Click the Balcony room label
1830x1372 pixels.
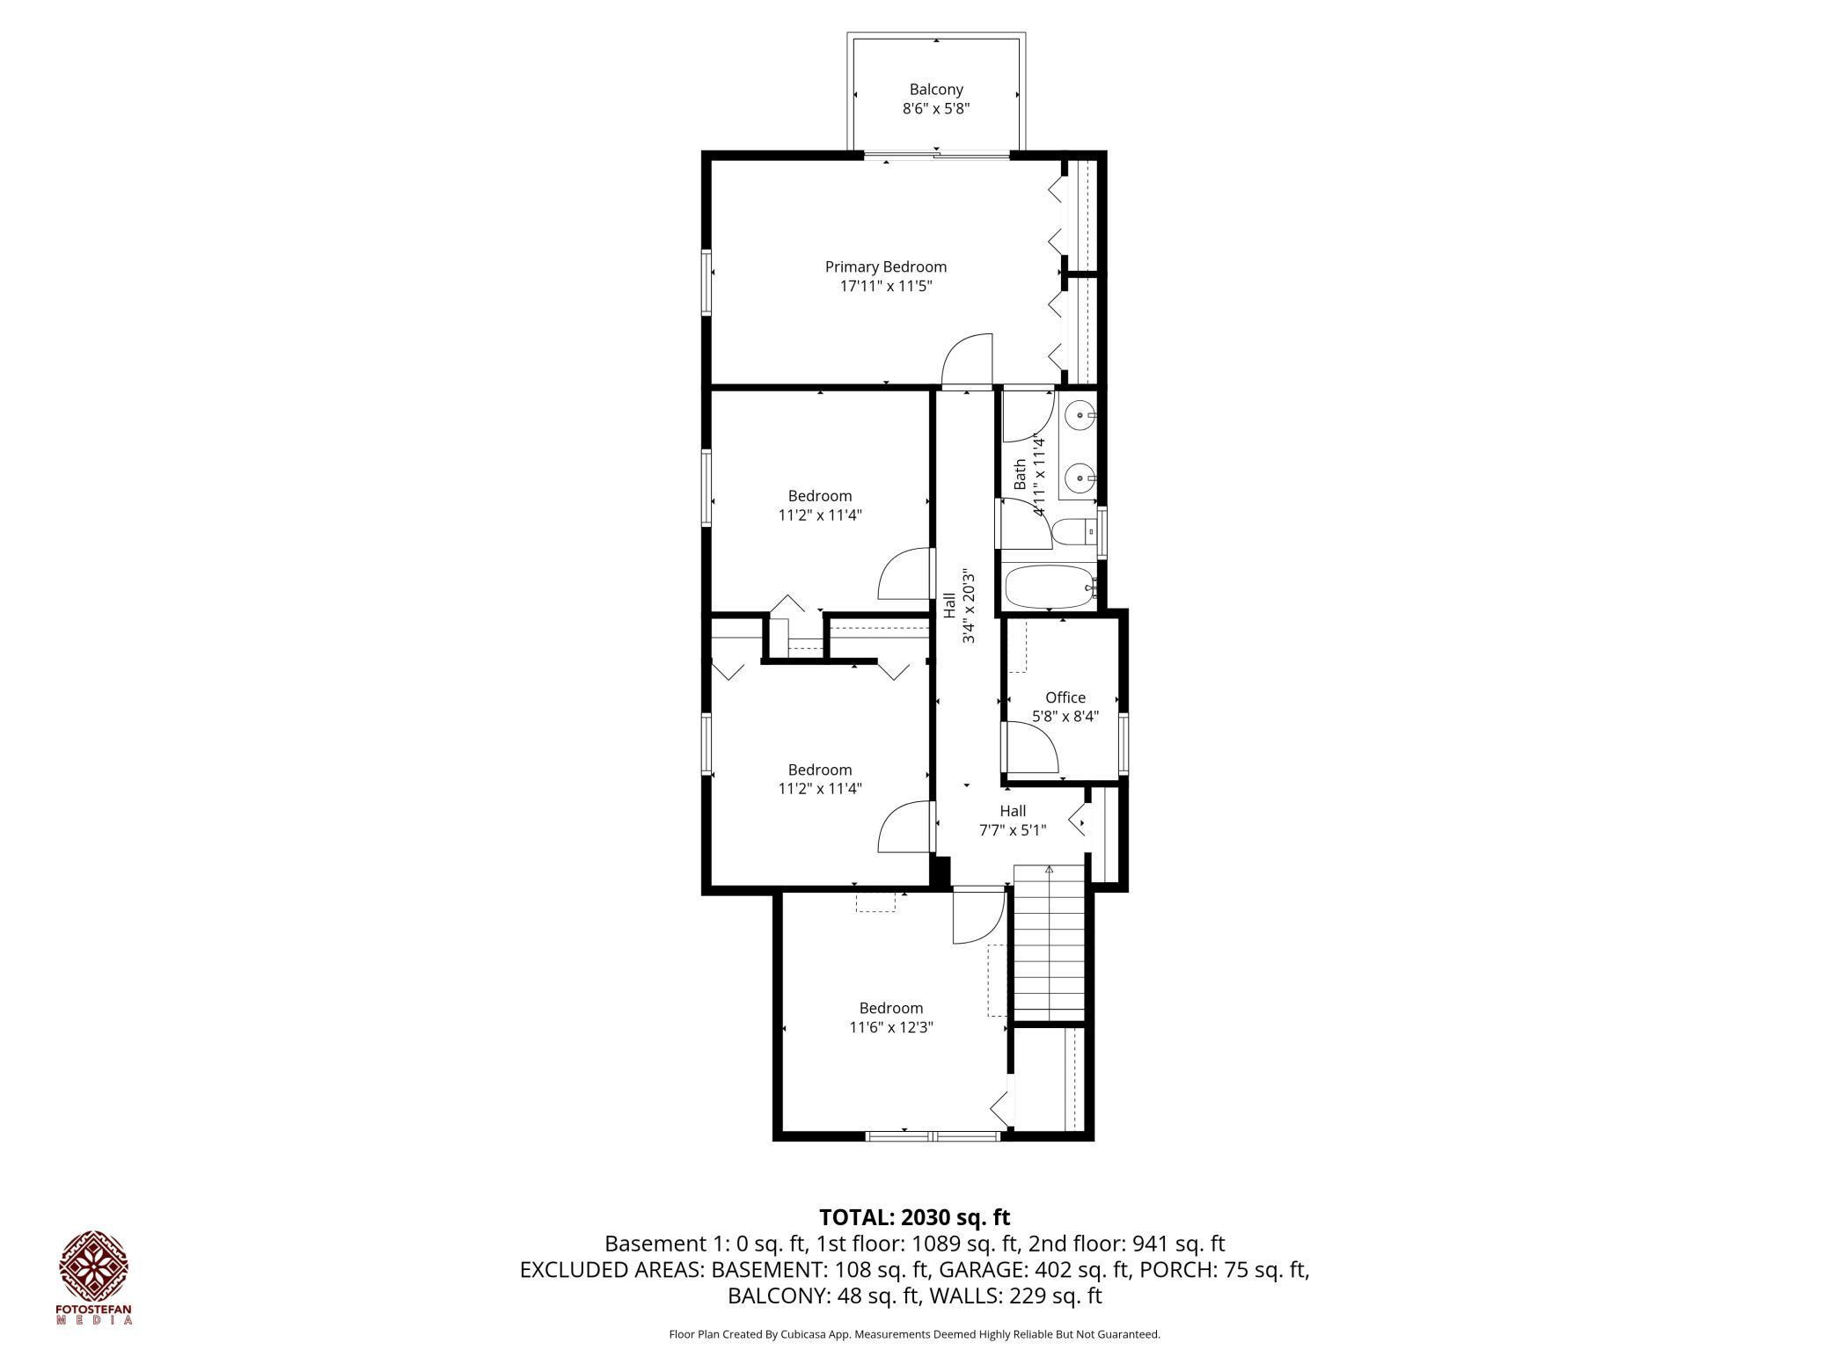point(935,90)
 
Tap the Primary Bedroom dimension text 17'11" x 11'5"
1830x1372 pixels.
point(885,286)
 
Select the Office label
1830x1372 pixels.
point(1065,697)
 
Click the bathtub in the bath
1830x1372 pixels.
point(1048,587)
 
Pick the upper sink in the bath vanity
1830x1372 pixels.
point(1080,413)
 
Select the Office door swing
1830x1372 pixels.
point(1031,748)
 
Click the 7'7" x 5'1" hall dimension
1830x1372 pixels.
point(1012,829)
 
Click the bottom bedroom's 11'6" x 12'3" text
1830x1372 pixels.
point(890,1026)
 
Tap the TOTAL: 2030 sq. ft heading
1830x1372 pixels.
point(914,1217)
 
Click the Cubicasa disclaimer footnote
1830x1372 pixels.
point(914,1334)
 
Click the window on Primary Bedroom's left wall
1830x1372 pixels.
point(706,281)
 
